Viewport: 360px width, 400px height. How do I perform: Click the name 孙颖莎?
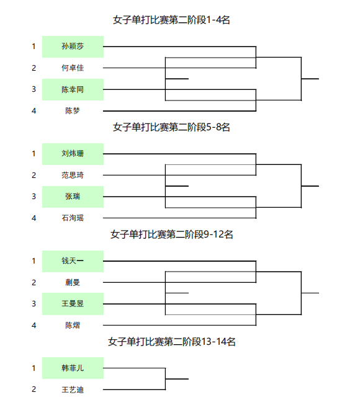73,46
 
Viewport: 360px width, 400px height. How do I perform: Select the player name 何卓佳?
73,68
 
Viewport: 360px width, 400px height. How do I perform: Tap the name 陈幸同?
73,89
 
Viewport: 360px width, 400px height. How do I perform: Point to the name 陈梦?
73,111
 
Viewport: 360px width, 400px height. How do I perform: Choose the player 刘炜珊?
73,153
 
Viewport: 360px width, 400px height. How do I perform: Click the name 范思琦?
73,175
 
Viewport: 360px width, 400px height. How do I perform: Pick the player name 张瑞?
73,197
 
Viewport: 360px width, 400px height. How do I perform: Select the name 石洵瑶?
73,218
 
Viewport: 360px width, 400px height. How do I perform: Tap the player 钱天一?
73,260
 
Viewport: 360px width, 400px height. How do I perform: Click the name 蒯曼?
73,282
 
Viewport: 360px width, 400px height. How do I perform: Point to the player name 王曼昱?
73,304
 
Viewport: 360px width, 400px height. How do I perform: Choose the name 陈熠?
73,325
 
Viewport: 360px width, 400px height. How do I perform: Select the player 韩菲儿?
73,368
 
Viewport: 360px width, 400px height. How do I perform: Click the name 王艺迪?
73,389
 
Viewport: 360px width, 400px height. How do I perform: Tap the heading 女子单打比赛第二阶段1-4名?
171,20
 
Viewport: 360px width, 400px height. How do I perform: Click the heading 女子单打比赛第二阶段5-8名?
171,127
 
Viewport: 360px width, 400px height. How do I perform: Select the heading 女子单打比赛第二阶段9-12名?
171,234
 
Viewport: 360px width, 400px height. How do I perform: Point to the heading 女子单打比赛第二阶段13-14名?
171,342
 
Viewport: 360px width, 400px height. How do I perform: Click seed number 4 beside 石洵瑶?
34,218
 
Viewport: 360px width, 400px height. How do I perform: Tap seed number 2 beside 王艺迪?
34,389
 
